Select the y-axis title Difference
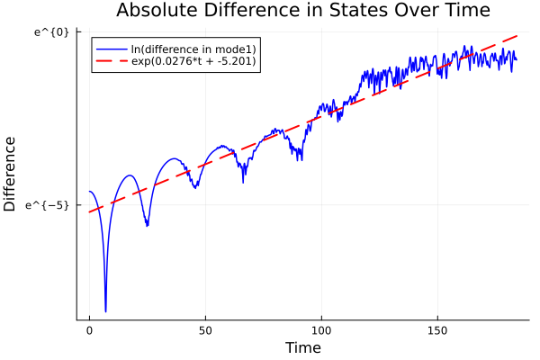[10, 174]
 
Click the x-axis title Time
[302, 347]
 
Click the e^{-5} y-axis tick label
[49, 205]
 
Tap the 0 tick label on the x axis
[89, 330]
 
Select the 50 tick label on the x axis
[205, 330]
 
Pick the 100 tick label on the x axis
[322, 330]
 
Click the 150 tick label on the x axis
[438, 330]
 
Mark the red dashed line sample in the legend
[111, 62]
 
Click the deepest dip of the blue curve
[105, 311]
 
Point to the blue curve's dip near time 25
[147, 225]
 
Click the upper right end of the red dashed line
[517, 36]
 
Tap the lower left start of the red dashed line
[90, 211]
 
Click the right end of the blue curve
[516, 59]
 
